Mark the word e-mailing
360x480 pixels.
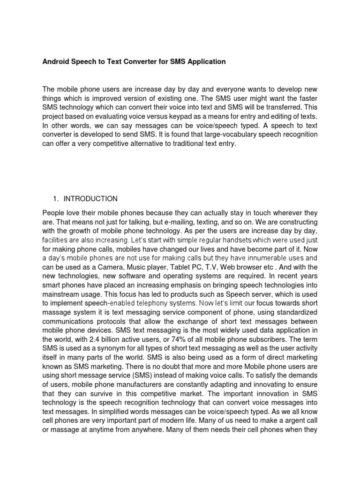[x=177, y=221]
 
